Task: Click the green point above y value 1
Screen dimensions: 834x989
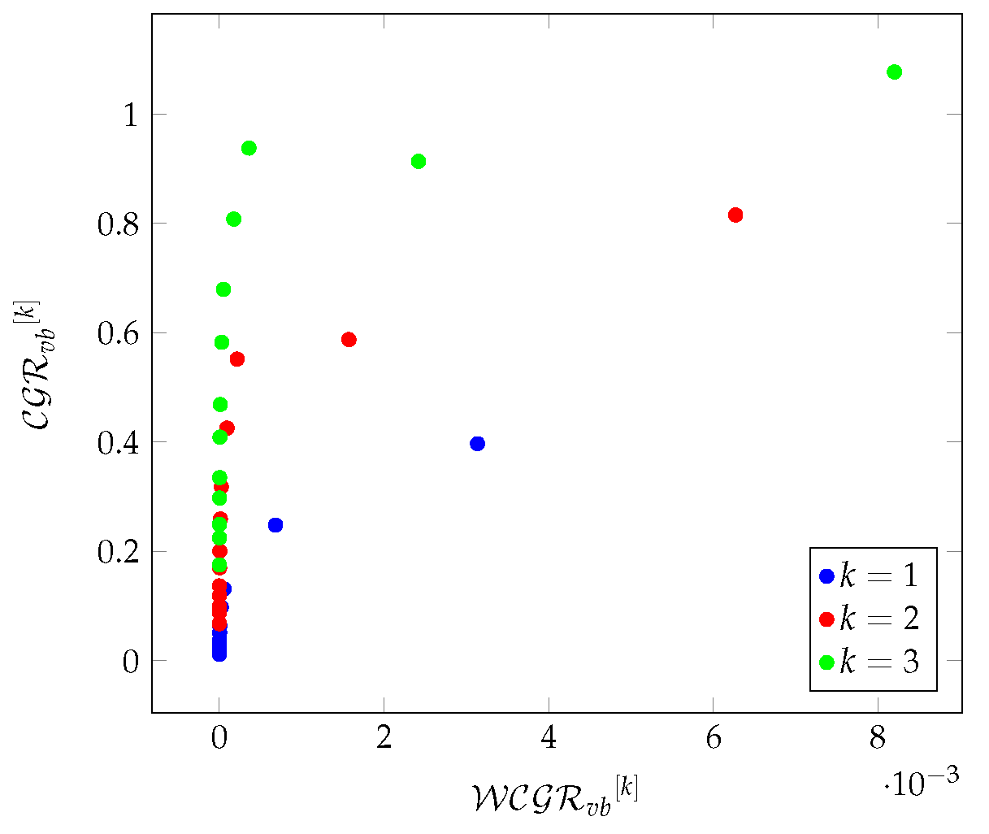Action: point(894,72)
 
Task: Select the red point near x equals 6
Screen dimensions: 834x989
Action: point(735,215)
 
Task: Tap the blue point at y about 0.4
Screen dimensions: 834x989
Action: point(477,443)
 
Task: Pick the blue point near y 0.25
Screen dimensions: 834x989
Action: point(275,525)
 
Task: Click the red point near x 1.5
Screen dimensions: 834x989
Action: point(349,339)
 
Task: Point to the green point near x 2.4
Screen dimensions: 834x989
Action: point(419,161)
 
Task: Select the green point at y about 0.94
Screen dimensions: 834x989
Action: point(249,148)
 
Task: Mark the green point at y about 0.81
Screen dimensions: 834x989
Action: point(234,219)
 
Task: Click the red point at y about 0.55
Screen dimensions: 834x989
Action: point(237,358)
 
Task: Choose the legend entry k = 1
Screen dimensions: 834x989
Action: point(870,576)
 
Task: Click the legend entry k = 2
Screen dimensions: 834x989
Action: point(870,619)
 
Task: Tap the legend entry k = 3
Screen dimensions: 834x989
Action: point(870,662)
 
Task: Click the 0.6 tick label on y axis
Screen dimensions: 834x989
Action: point(118,333)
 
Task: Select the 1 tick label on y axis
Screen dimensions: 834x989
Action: point(129,115)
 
